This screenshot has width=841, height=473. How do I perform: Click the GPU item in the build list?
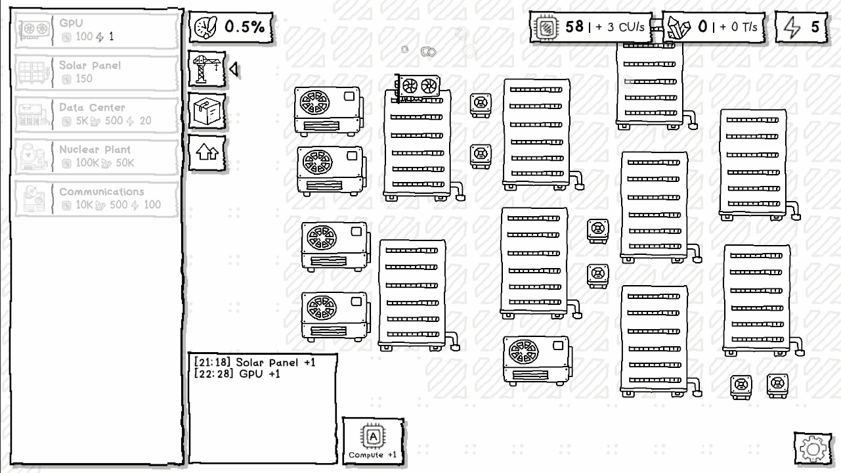click(x=97, y=30)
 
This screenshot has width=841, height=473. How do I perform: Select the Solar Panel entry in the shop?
click(x=97, y=72)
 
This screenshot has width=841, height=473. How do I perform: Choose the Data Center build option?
click(x=97, y=114)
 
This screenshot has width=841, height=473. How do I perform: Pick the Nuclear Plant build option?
click(x=97, y=156)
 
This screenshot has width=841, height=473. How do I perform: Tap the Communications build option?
click(x=97, y=199)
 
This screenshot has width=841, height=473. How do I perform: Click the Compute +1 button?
click(x=373, y=441)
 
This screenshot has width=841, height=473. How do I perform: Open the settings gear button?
click(x=813, y=449)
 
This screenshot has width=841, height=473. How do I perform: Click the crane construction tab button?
click(x=207, y=70)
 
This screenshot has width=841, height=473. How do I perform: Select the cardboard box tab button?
click(x=207, y=112)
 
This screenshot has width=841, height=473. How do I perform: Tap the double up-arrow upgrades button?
click(x=207, y=153)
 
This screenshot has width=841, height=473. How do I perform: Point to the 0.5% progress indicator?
click(x=231, y=27)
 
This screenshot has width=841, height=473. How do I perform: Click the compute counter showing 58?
click(x=590, y=27)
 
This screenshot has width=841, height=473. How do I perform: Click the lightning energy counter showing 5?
click(x=802, y=27)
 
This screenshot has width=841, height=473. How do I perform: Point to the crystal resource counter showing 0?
click(x=714, y=27)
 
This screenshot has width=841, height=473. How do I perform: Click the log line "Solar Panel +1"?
click(x=275, y=363)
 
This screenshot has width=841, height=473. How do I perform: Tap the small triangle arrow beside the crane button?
click(x=234, y=70)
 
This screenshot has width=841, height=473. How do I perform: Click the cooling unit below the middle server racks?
click(x=537, y=361)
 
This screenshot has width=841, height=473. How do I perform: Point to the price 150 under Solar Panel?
click(x=84, y=79)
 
